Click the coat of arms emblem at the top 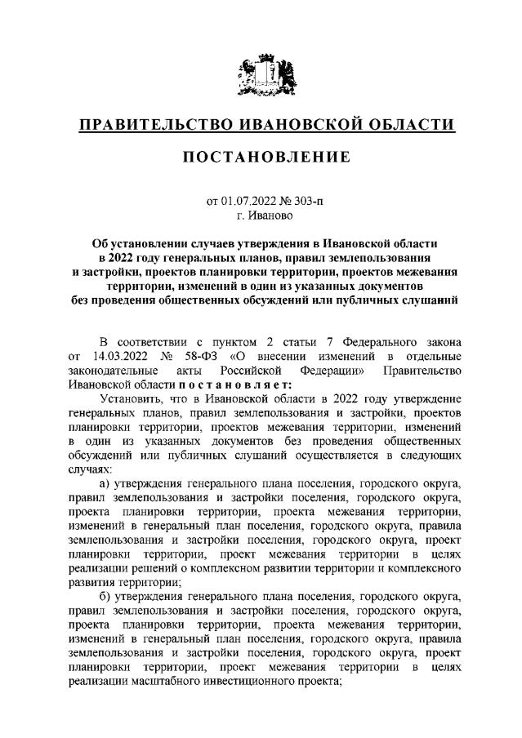point(261,73)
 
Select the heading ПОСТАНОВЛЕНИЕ point(261,157)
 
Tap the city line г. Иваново point(261,216)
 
